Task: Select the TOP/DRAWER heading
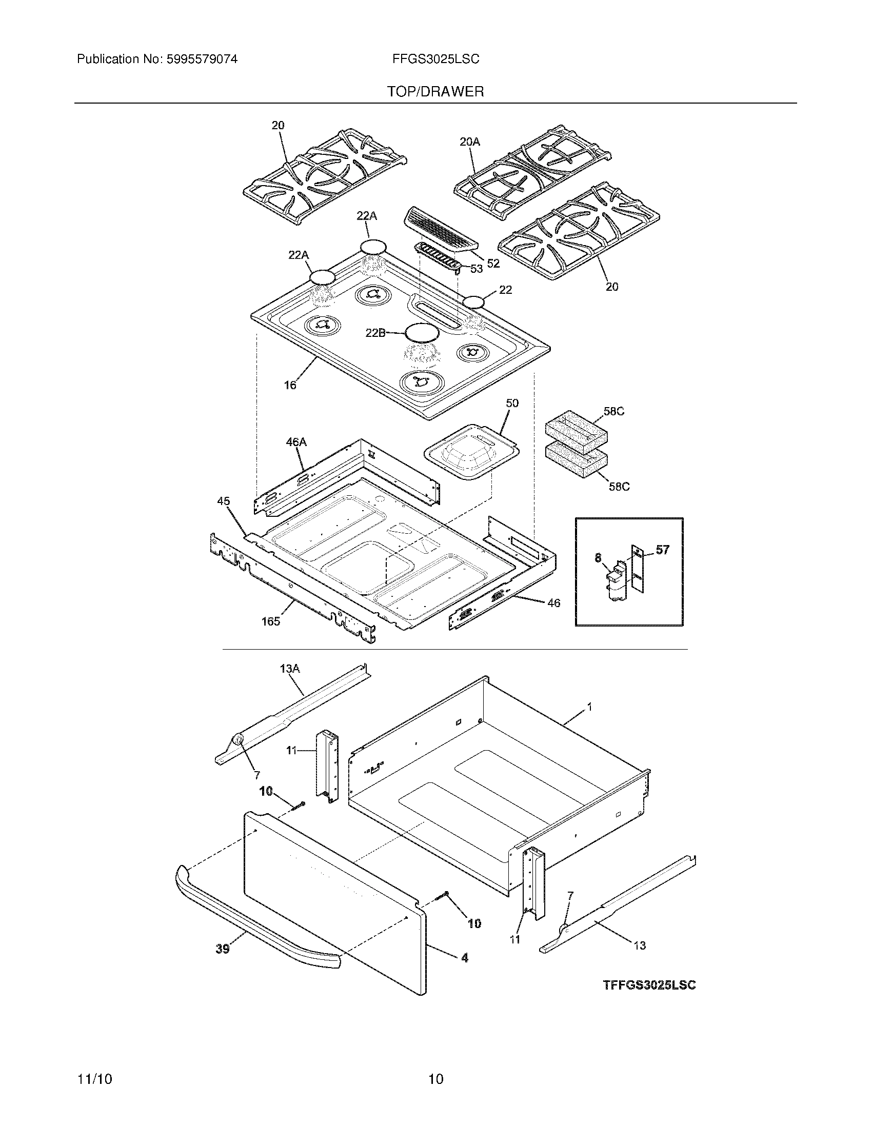tap(435, 92)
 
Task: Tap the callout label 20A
tap(469, 141)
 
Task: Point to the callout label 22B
tap(375, 333)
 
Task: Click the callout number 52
tap(493, 264)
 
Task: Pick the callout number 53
tap(476, 269)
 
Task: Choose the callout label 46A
tap(296, 441)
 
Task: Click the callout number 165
tap(270, 621)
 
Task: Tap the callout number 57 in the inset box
tap(662, 550)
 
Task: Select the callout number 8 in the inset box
tap(598, 557)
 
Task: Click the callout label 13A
tap(289, 669)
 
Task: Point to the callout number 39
tap(223, 949)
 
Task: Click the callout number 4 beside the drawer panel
tap(464, 957)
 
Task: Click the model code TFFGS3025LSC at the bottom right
tap(649, 984)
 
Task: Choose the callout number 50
tap(512, 403)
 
